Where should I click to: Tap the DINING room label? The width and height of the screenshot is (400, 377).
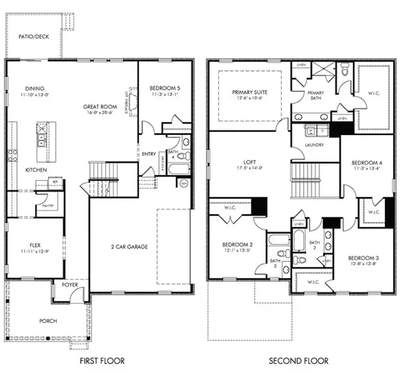click(x=35, y=88)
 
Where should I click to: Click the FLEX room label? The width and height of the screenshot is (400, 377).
click(x=35, y=245)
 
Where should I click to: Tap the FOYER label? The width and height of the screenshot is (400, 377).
click(x=70, y=285)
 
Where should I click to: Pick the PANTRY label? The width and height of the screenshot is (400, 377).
click(x=48, y=205)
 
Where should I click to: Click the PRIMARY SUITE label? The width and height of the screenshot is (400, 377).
click(x=249, y=92)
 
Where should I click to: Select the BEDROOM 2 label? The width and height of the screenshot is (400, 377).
click(x=237, y=244)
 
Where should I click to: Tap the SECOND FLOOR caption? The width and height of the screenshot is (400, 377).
click(x=299, y=361)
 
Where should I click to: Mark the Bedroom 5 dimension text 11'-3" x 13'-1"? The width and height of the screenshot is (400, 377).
click(x=165, y=95)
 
